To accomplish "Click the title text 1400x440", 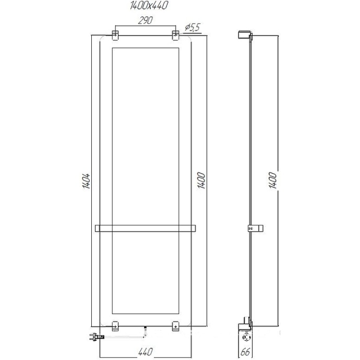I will point(145,6).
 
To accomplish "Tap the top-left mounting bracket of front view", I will point(115,35).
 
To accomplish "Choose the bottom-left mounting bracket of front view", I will point(115,326).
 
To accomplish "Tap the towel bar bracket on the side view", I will point(255,227).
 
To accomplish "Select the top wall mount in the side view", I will point(244,35).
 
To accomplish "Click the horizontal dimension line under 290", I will point(145,26).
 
